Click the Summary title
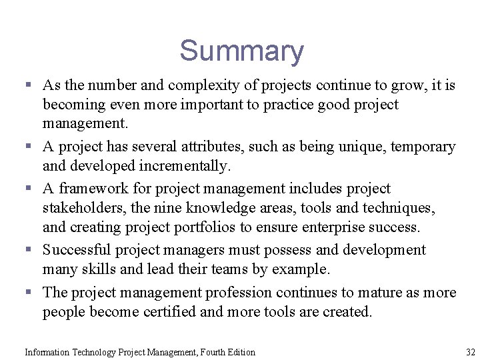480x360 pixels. [x=241, y=51]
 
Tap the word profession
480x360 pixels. [x=238, y=293]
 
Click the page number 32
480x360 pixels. [x=471, y=352]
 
